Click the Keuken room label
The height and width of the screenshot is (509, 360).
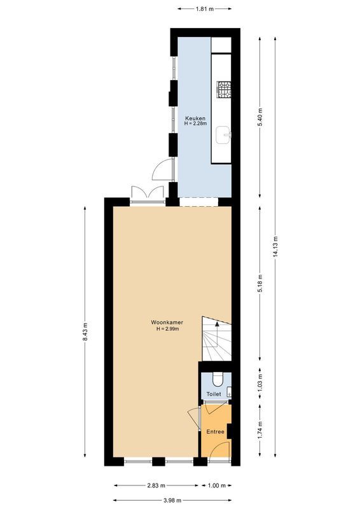pyautogui.click(x=194, y=119)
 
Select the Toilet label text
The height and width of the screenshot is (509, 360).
pyautogui.click(x=214, y=394)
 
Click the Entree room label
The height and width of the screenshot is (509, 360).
pyautogui.click(x=215, y=432)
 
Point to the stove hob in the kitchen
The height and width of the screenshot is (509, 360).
pyautogui.click(x=225, y=90)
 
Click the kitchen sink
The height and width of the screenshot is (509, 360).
pyautogui.click(x=225, y=134)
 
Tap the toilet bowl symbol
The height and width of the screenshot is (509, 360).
pyautogui.click(x=218, y=380)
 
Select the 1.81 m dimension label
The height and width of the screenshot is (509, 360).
pyautogui.click(x=204, y=9)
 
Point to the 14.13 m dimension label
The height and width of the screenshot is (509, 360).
pyautogui.click(x=275, y=245)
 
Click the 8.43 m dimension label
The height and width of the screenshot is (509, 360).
pyautogui.click(x=85, y=335)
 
